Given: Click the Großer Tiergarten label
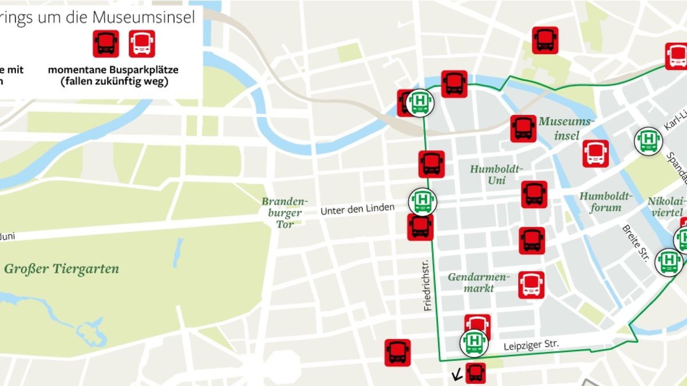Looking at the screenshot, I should [61, 269].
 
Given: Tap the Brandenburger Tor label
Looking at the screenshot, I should [285, 213].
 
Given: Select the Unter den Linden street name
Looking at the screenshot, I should [357, 209].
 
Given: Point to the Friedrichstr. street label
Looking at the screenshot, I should [427, 285].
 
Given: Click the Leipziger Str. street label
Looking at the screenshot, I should [531, 345].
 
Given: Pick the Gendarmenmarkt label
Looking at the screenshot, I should [479, 282].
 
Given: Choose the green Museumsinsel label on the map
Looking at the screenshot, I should [567, 128].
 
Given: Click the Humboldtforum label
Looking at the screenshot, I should [606, 201].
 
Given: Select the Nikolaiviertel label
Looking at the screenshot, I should [666, 206].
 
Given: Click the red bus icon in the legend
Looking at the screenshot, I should [106, 43].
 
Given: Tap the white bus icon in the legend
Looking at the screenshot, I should [141, 43].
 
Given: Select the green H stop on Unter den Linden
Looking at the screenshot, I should [423, 201].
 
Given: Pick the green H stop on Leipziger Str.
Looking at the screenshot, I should [474, 341].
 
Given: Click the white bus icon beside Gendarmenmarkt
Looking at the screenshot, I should [531, 285].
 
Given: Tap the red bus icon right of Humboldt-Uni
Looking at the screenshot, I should [534, 194].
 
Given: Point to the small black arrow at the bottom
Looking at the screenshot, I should [457, 376].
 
